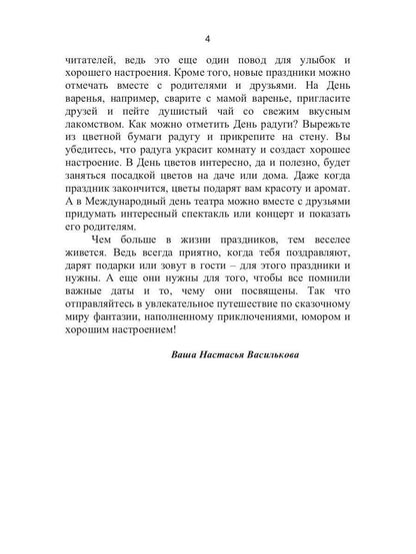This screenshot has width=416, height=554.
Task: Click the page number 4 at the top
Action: pos(208,38)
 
